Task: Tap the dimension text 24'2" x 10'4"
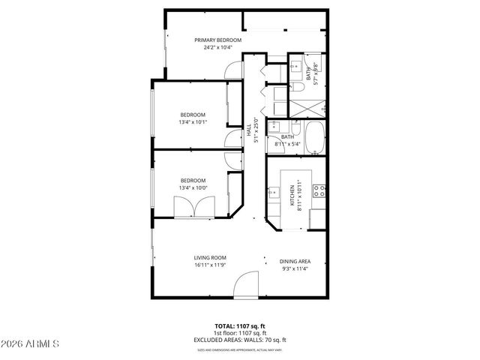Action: coord(217,48)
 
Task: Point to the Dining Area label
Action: coord(295,261)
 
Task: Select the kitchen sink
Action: coord(272,194)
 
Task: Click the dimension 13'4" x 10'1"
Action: coord(193,122)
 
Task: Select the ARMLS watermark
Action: coord(32,344)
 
